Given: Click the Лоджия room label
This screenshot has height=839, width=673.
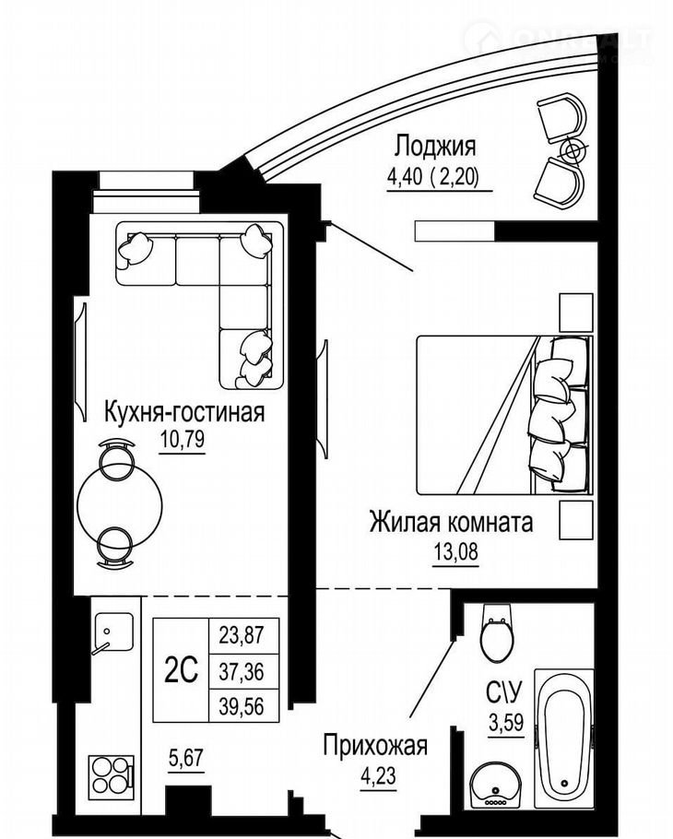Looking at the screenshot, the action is (x=435, y=146).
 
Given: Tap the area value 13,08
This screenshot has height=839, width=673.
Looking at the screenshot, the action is (x=455, y=551).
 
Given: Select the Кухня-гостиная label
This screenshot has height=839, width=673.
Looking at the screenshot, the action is (x=184, y=412).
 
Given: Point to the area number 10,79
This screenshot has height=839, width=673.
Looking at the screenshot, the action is (x=182, y=440).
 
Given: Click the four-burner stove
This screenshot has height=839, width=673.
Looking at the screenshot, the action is (x=111, y=774).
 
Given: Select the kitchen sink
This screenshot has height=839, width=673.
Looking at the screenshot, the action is (x=113, y=632).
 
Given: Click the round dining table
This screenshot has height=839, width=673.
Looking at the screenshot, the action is (x=120, y=504).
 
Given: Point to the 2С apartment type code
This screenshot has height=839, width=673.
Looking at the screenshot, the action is (x=181, y=670).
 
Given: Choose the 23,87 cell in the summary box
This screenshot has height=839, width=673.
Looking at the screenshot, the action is (x=242, y=635).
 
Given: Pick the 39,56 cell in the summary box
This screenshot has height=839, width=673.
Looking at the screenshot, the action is (x=242, y=705).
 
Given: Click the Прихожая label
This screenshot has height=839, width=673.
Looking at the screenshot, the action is (x=375, y=745).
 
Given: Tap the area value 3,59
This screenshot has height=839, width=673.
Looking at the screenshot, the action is (x=506, y=724).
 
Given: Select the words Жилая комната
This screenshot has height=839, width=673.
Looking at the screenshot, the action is (x=451, y=522).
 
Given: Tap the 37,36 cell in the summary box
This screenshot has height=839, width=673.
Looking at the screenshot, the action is (x=242, y=671).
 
